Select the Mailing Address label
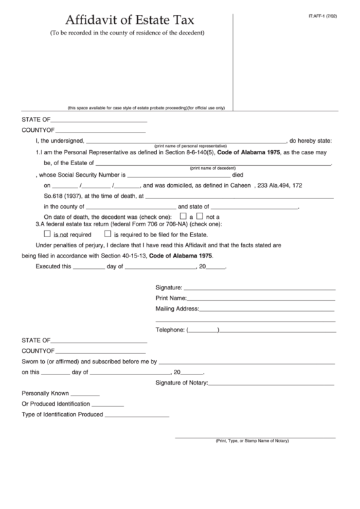pyautogui.click(x=177, y=309)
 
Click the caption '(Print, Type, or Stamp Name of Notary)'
pyautogui.click(x=252, y=440)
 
